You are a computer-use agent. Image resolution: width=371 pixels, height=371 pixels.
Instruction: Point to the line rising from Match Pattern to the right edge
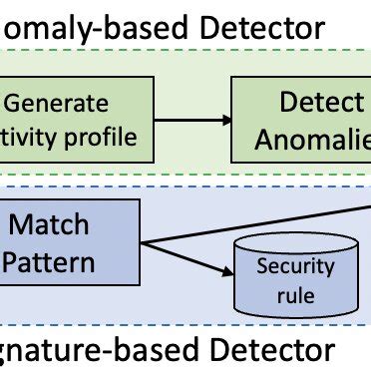(259, 225)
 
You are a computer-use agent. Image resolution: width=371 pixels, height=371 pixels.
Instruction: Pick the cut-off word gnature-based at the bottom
(75, 350)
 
